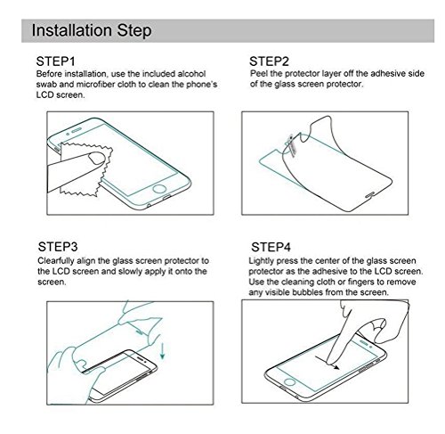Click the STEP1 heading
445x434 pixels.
tap(55, 61)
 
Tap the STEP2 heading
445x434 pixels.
tap(269, 61)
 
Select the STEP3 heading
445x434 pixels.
tap(58, 247)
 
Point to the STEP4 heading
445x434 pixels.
tap(271, 247)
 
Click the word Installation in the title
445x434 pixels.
tap(72, 30)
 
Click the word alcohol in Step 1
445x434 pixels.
tap(191, 74)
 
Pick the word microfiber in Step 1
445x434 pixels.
tap(96, 85)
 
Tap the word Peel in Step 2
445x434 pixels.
tap(259, 73)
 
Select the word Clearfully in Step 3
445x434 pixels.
tap(56, 261)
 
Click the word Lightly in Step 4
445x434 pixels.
tap(262, 261)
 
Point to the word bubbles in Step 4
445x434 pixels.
tap(307, 292)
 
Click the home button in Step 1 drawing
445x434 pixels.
tap(158, 190)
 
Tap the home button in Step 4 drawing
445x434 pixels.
tap(289, 382)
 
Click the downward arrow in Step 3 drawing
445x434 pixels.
tap(162, 351)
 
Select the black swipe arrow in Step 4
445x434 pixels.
tap(328, 363)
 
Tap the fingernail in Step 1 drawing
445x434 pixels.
tap(97, 159)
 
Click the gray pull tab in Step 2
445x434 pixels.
tap(292, 145)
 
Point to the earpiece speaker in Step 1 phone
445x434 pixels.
tap(77, 130)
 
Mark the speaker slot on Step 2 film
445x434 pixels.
tap(370, 195)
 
